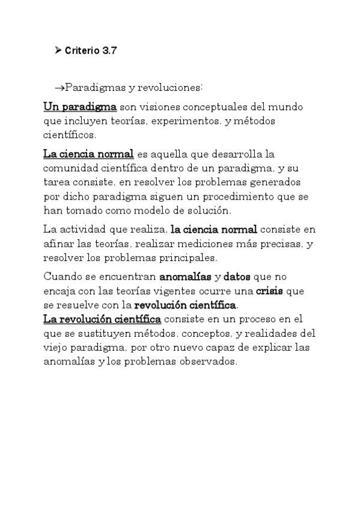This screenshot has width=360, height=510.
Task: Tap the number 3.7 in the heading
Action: click(x=109, y=51)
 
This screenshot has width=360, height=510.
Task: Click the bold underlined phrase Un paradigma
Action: click(x=80, y=107)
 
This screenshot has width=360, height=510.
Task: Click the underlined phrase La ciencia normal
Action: click(x=88, y=154)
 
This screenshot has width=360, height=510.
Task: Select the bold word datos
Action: click(x=237, y=277)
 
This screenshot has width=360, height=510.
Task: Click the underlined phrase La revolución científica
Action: click(x=102, y=319)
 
